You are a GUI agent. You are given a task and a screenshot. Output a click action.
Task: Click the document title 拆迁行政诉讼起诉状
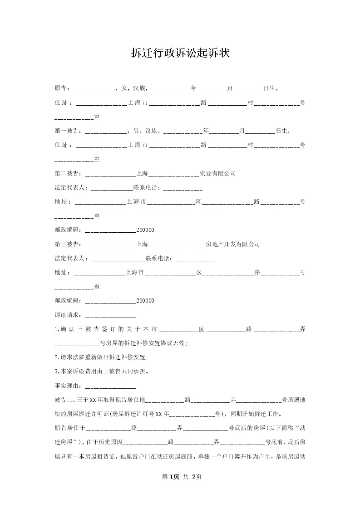[180, 54]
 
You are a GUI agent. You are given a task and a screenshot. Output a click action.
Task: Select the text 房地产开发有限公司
[233, 244]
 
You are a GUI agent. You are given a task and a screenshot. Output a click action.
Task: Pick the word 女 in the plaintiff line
[124, 88]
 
